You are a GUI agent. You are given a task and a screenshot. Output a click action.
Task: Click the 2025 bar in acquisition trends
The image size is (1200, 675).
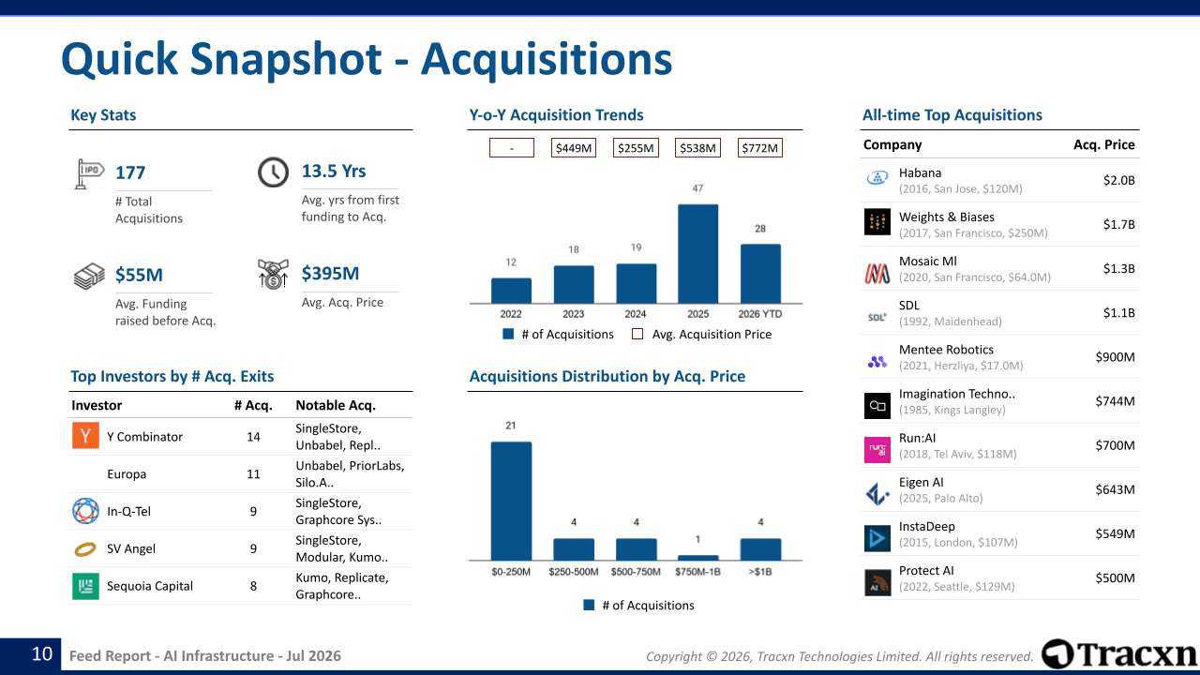point(697,254)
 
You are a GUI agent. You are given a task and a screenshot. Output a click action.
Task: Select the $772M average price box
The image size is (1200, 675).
point(759,148)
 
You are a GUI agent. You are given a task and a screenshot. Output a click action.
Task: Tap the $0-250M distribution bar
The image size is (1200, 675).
point(511,501)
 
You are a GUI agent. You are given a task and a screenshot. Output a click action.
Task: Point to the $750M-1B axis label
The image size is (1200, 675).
point(697,572)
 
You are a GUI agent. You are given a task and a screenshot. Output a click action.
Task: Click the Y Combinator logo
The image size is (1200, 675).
point(85,436)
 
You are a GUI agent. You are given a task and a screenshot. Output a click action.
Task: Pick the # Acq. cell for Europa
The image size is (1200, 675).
point(253,474)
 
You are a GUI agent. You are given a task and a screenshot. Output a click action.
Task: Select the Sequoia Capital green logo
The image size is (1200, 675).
point(85,586)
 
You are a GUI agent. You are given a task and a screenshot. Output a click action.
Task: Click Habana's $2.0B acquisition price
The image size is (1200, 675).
point(1118,180)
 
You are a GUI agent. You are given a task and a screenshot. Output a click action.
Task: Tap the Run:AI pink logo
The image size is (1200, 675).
point(877,449)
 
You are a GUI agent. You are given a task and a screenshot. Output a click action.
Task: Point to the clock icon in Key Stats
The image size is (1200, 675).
point(273,172)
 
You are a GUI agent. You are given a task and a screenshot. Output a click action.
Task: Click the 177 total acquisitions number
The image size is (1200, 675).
point(130,172)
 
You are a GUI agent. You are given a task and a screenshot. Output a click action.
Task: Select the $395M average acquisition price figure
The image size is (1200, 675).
point(330,273)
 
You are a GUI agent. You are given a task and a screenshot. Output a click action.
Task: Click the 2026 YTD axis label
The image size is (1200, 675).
point(759,314)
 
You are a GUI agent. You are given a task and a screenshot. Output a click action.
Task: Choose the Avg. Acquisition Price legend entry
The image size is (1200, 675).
point(702,335)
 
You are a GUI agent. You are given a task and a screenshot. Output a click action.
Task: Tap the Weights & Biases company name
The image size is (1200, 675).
point(947,217)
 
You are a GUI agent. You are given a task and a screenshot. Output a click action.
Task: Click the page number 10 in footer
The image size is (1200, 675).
point(42,654)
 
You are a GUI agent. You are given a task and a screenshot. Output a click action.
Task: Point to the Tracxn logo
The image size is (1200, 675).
point(1118,654)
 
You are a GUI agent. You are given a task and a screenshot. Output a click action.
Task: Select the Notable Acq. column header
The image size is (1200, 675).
point(336,405)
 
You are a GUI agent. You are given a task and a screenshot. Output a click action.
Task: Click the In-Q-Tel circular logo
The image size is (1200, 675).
point(85,511)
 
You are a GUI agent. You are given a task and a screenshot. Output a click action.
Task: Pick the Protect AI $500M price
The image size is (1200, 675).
point(1115,578)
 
